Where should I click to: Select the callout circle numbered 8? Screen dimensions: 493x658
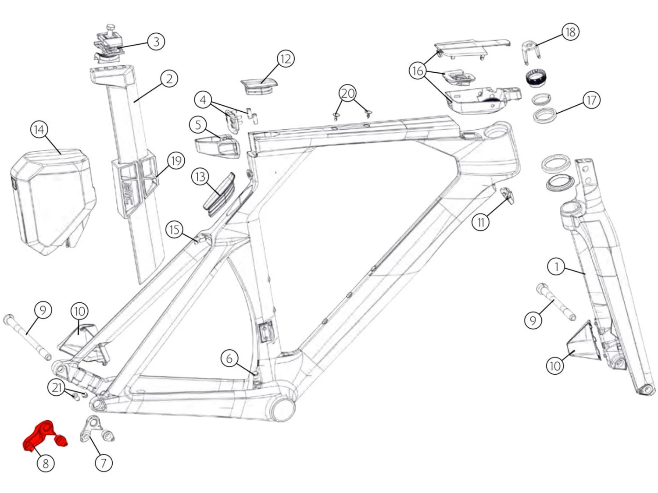(45, 463)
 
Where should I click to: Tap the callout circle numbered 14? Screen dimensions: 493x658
(39, 130)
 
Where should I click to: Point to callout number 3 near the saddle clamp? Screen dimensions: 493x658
(156, 42)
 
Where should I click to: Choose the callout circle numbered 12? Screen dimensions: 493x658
(286, 59)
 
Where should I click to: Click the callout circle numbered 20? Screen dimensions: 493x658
(347, 93)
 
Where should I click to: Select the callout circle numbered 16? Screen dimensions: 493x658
(418, 70)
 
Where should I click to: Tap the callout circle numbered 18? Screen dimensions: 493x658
(570, 32)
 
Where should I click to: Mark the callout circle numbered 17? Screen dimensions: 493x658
(591, 100)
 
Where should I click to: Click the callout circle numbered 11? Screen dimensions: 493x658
(481, 222)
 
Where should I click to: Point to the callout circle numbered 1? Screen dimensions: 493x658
(557, 266)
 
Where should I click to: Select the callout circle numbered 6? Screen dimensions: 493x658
(229, 358)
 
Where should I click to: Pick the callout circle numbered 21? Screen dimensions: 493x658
(57, 387)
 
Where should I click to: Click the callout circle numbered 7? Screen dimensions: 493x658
(104, 463)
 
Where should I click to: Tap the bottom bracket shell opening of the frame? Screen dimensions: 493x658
(283, 408)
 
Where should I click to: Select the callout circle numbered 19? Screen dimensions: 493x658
(176, 161)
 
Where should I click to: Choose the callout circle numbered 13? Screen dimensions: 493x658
(200, 177)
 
